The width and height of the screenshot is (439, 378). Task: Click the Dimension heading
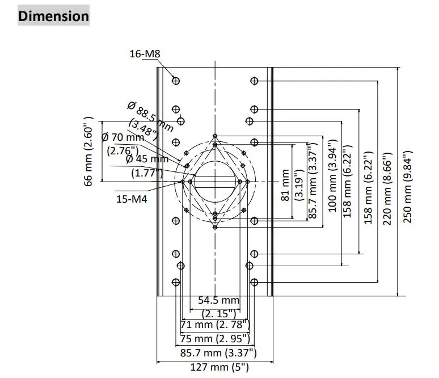pyautogui.click(x=53, y=16)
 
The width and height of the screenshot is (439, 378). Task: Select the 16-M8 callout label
pyautogui.click(x=145, y=54)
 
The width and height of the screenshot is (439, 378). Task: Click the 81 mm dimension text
pyautogui.click(x=286, y=185)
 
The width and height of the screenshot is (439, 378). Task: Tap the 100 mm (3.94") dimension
pyautogui.click(x=332, y=177)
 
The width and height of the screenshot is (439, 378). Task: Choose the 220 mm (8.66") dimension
pyautogui.click(x=388, y=188)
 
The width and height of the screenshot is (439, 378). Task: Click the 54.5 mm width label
pyautogui.click(x=218, y=300)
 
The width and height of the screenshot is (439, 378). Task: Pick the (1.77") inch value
pyautogui.click(x=147, y=173)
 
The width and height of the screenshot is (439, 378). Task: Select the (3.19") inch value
pyautogui.click(x=298, y=185)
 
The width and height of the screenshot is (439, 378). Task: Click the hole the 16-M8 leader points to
pyautogui.click(x=176, y=81)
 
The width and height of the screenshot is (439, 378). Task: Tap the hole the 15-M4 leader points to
pyautogui.click(x=181, y=182)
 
